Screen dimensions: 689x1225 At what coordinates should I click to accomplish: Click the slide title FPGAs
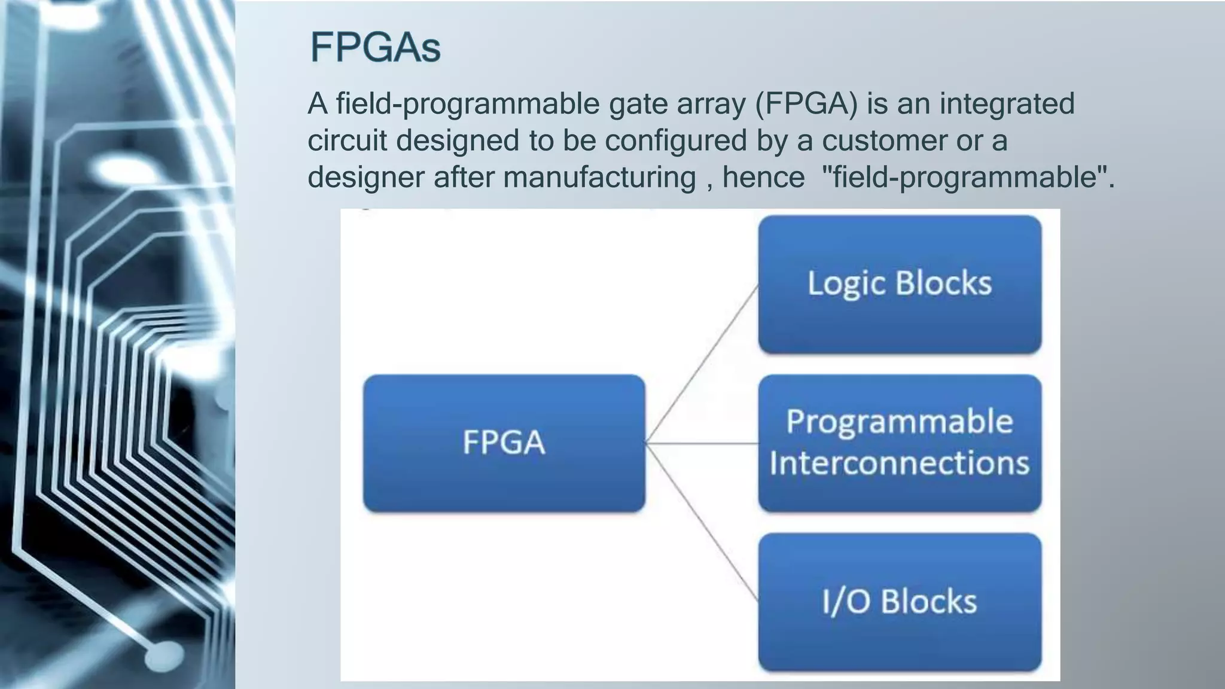point(375,47)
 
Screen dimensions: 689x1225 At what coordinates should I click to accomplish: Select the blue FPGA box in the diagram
point(504,443)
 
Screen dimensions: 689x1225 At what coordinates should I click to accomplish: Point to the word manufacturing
point(599,178)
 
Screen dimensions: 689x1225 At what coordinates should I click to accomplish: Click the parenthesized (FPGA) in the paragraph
point(806,103)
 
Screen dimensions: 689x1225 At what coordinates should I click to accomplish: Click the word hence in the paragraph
point(763,178)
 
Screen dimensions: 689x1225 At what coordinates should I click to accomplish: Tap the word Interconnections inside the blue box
point(899,463)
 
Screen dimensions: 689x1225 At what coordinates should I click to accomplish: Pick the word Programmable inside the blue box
point(899,422)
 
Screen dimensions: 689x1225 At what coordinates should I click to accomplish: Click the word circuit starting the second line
point(347,141)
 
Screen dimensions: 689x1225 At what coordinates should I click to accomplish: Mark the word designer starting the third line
point(365,178)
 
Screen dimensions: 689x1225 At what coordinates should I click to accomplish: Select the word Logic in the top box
point(845,283)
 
